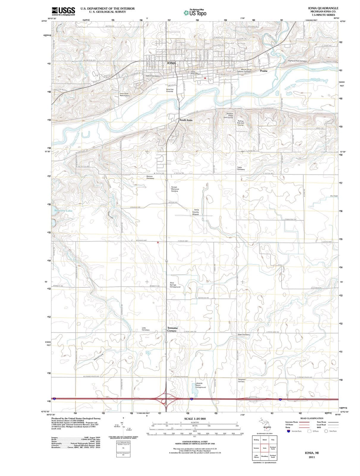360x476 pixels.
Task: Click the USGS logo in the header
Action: tap(63, 11)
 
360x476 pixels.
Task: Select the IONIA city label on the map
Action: tap(172, 63)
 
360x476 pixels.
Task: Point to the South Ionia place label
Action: tap(186, 120)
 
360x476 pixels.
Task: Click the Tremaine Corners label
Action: tap(172, 329)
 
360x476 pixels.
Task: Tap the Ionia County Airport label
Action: tap(196, 212)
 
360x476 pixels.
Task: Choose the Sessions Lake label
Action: tap(63, 211)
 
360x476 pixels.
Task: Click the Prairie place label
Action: tap(264, 71)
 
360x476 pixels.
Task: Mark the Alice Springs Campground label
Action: tap(175, 285)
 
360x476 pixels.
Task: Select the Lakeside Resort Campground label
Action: tap(200, 385)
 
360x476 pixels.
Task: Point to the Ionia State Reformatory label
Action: tap(125, 95)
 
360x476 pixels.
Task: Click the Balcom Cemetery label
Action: tap(150, 177)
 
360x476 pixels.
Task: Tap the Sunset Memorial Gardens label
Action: tap(175, 189)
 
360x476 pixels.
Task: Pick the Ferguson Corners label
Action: tap(241, 381)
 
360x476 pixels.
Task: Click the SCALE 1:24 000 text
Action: tap(195, 419)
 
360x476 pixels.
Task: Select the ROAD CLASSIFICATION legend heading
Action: tap(312, 418)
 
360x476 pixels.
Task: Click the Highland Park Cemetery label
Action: tap(298, 61)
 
